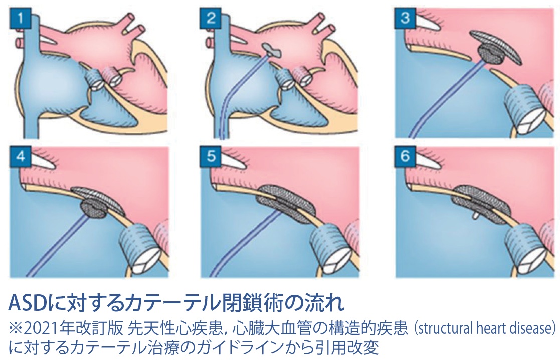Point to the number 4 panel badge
click(21, 156)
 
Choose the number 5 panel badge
click(211, 156)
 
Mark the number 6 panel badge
click(405, 156)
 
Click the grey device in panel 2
click(271, 50)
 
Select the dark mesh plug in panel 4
click(94, 209)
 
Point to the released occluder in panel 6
click(480, 202)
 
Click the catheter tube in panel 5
click(247, 243)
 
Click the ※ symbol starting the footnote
click(16, 328)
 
